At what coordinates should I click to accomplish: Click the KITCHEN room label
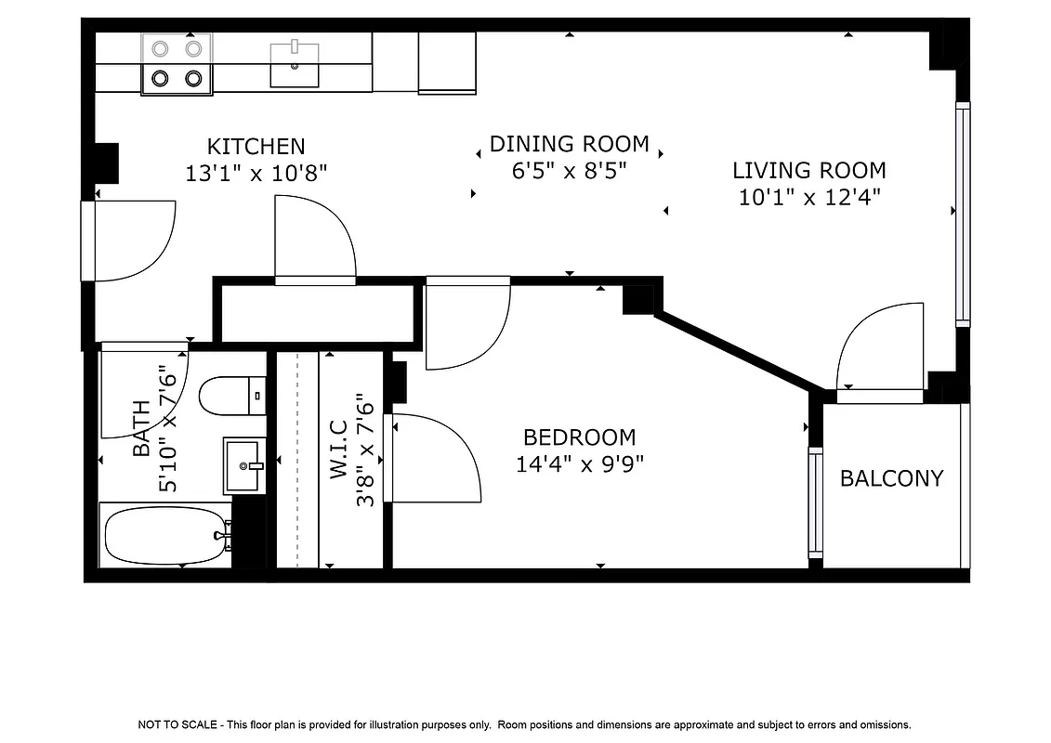point(256,146)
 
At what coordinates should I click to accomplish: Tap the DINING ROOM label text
point(569,144)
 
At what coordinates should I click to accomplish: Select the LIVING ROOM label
point(808,170)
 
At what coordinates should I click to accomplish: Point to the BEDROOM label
point(579,437)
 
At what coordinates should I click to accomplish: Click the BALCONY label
point(891,478)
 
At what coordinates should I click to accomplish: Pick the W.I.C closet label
point(338,450)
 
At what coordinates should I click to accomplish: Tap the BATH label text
point(141,428)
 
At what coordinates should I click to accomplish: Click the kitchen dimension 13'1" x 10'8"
point(256,173)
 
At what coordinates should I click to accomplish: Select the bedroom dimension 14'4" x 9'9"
point(579,463)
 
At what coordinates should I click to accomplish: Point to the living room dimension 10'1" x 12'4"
point(808,197)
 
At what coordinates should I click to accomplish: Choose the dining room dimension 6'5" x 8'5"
point(569,171)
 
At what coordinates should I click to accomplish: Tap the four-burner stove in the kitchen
point(177,63)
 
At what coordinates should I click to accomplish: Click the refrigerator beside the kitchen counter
point(447,62)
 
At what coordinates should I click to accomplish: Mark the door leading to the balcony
point(880,353)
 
